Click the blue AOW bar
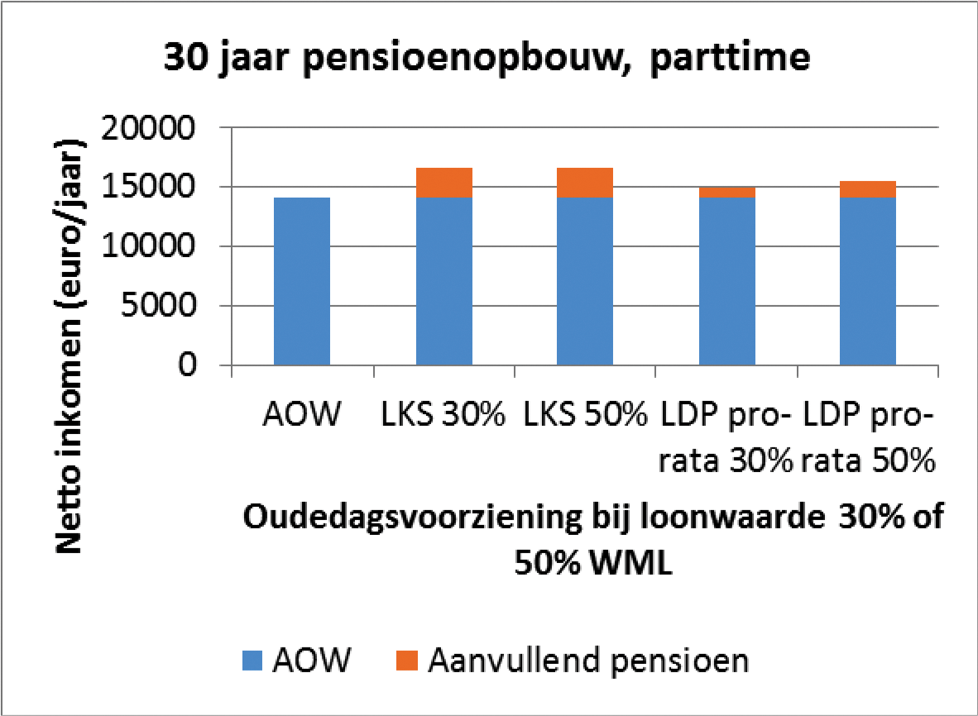tap(302, 281)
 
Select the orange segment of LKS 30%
tap(444, 183)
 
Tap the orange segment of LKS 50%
tap(585, 183)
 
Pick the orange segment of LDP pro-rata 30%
tap(727, 193)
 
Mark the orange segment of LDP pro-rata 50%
tap(868, 189)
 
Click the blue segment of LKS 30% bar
tap(444, 281)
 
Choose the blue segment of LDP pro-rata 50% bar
tap(868, 281)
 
